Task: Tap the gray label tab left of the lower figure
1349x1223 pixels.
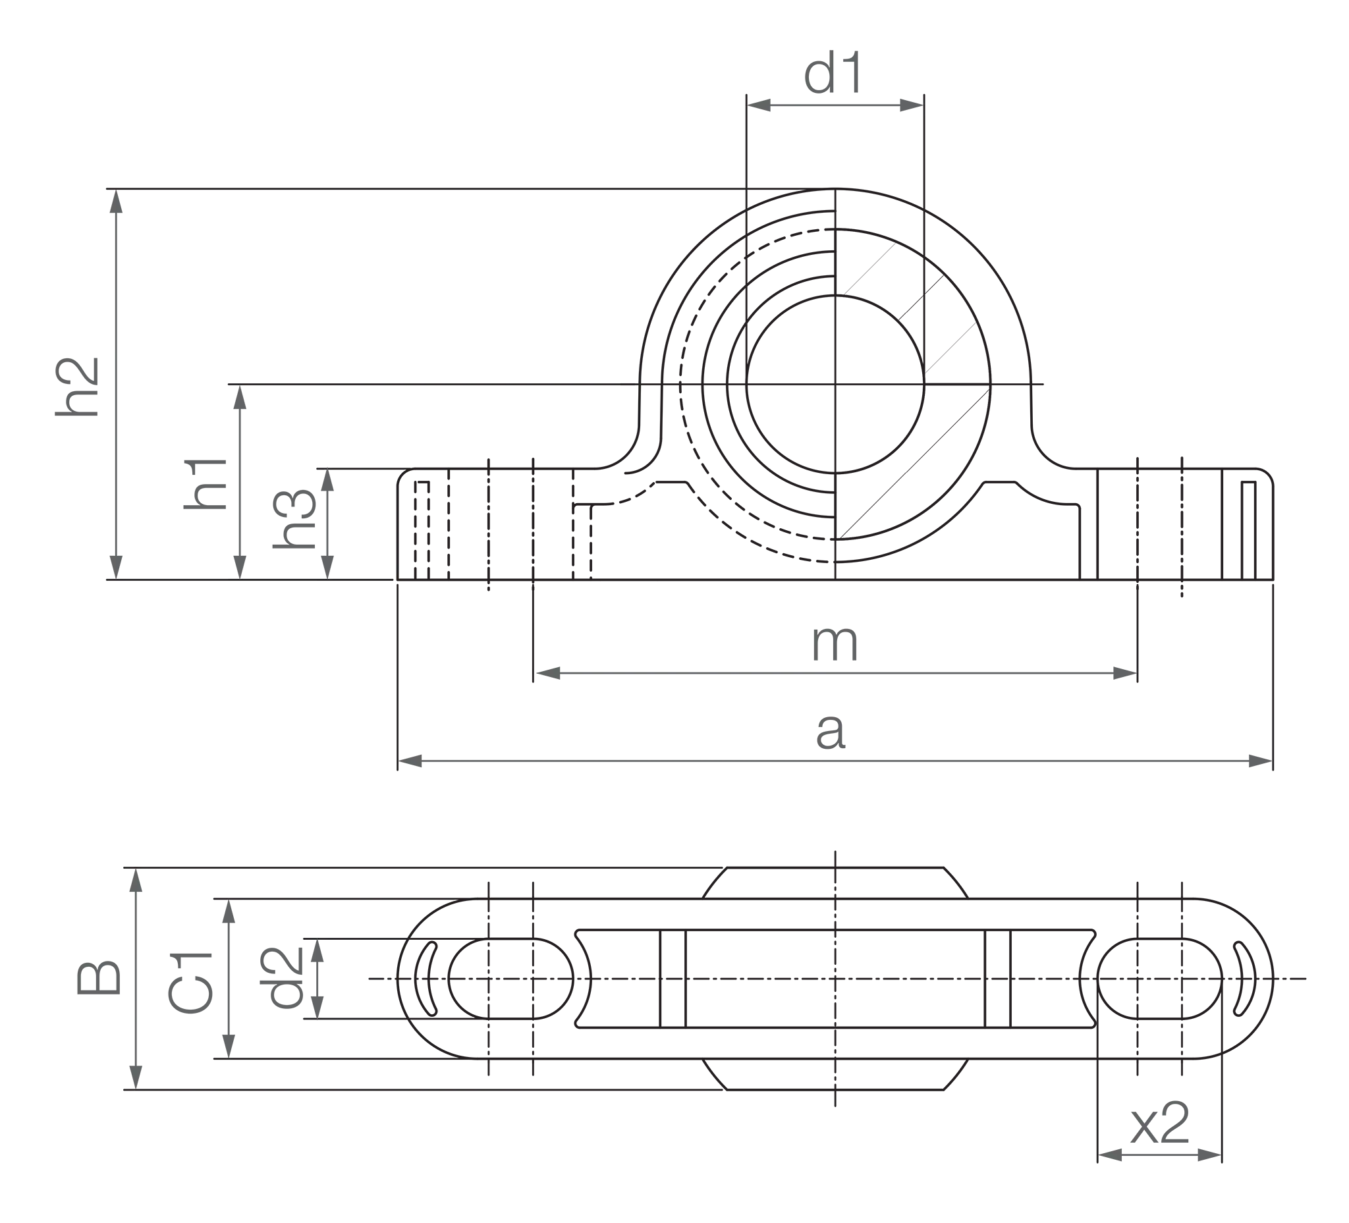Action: pos(100,977)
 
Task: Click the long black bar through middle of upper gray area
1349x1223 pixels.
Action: pos(435,387)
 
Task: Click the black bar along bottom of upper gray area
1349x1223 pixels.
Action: pos(248,580)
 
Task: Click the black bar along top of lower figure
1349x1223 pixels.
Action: pos(415,869)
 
